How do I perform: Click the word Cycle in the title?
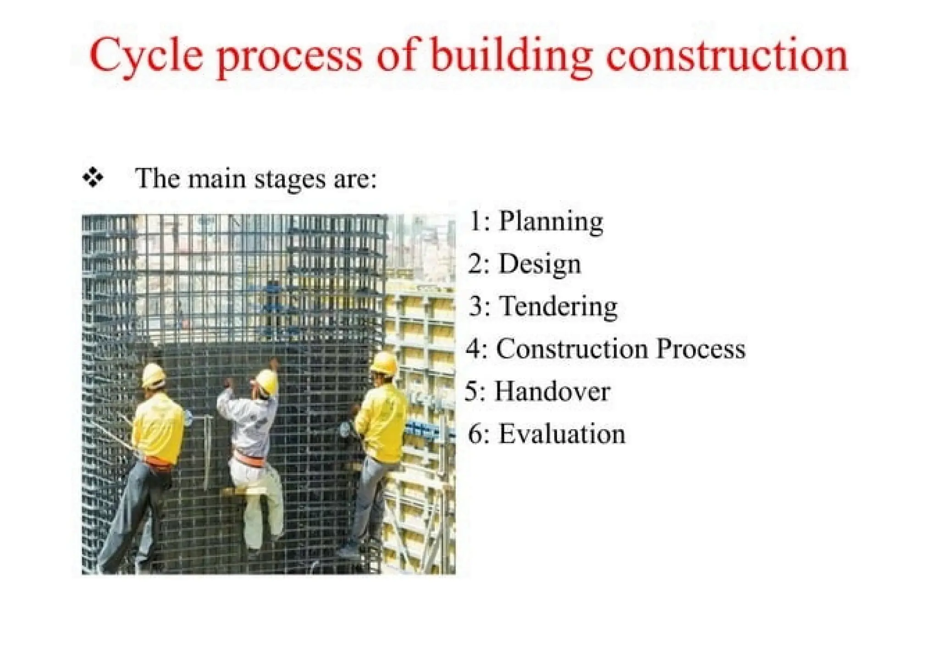point(146,57)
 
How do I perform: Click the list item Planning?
point(551,222)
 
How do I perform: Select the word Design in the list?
point(540,264)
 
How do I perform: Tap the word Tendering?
point(558,307)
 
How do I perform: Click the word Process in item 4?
point(701,349)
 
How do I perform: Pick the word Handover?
point(552,391)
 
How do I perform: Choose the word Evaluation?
point(562,434)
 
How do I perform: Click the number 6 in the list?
point(475,434)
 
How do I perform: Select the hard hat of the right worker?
point(384,363)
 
